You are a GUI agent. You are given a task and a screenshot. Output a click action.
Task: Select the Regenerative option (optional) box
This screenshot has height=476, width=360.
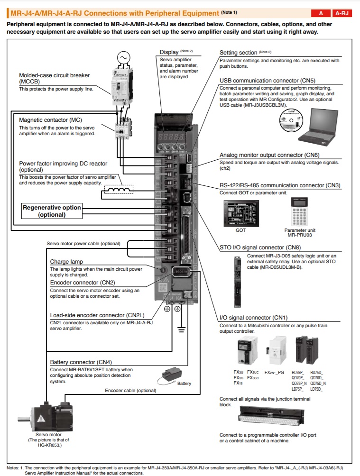point(52,211)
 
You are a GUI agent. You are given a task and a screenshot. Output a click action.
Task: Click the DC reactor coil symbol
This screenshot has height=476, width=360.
point(118,191)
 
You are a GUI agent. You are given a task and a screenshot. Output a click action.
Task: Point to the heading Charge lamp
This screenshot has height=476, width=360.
point(66,262)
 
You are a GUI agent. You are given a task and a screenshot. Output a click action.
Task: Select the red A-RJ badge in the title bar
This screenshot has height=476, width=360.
point(342,13)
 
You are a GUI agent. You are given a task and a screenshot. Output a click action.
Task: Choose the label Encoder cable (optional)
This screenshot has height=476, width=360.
point(130,391)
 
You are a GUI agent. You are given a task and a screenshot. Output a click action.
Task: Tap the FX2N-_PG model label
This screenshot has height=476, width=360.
point(275,372)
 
